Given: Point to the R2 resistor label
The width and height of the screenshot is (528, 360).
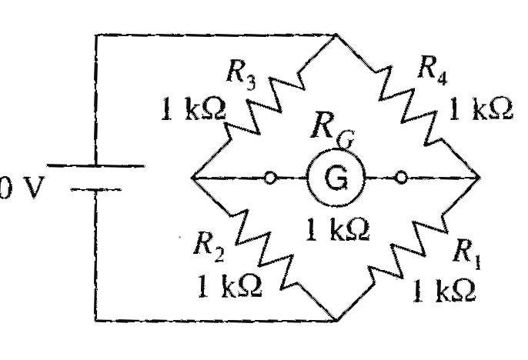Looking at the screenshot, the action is point(209,247).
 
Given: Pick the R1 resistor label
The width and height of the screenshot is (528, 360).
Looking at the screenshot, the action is point(466,255).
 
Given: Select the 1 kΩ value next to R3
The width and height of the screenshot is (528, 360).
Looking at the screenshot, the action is point(193,108).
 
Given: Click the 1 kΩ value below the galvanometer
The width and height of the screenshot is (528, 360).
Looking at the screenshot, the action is point(338,229).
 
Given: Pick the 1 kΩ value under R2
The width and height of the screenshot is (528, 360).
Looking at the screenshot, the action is point(230,285).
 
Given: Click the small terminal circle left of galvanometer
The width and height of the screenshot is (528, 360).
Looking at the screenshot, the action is point(270,178).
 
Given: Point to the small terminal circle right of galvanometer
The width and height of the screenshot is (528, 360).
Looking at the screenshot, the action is point(401,178).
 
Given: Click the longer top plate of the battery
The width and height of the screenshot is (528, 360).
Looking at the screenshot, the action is point(95,165).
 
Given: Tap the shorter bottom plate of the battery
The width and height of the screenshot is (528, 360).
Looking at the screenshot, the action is point(95,190).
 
